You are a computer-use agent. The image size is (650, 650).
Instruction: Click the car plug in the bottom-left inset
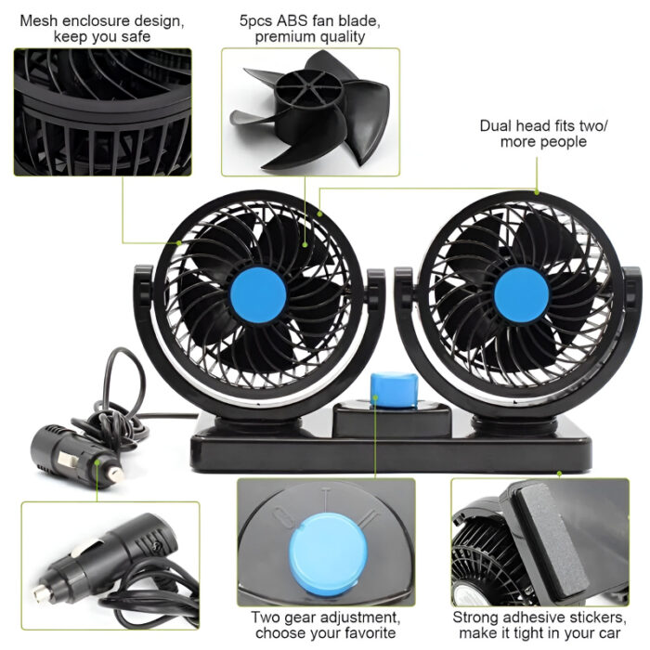tap(102, 557)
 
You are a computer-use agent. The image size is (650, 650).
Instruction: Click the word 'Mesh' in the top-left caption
tap(39, 19)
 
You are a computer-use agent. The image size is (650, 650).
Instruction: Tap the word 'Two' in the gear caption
tap(265, 617)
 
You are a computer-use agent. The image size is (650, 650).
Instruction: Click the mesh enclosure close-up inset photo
tap(102, 111)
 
